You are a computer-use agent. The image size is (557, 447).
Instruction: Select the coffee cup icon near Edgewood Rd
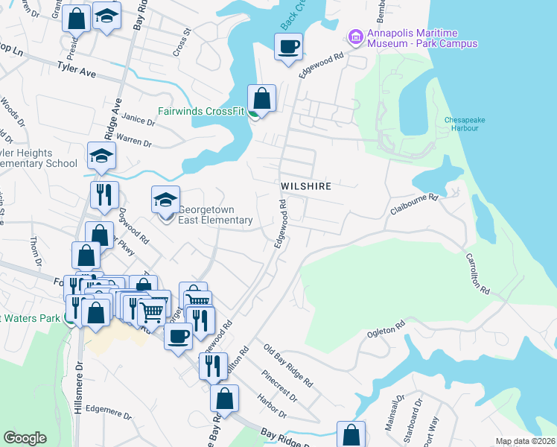(x=288, y=48)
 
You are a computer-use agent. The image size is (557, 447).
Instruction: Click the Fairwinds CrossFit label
(x=202, y=113)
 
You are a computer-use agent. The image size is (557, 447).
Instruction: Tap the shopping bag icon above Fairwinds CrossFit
(x=261, y=98)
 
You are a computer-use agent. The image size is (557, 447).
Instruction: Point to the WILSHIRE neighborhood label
(x=305, y=186)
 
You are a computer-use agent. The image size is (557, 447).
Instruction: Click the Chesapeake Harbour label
(x=466, y=124)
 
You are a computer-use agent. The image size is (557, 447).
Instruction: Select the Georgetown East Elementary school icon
(x=165, y=200)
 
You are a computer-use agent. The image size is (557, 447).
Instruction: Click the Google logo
(x=25, y=438)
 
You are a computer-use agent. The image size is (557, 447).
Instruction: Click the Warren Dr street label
(x=133, y=141)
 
